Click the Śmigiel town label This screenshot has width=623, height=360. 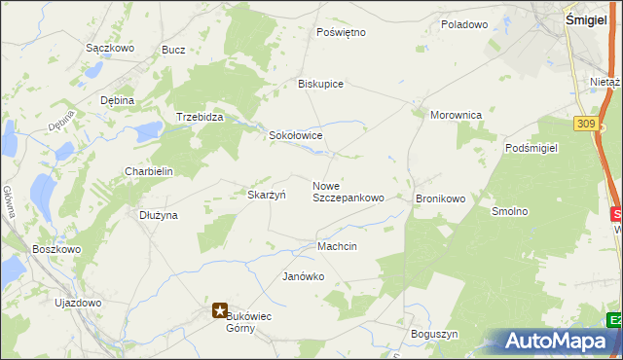[588, 19]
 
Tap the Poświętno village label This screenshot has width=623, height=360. [341, 32]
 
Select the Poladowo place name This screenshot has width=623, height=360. [463, 24]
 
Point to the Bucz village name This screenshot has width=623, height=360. [173, 50]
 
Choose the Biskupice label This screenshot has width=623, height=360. [320, 84]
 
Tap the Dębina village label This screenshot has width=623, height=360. [117, 100]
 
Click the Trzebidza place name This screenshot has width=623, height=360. [200, 117]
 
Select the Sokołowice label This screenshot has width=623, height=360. [295, 136]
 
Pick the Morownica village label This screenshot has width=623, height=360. [457, 115]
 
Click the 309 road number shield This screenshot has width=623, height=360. [584, 123]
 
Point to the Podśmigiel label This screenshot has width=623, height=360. [531, 148]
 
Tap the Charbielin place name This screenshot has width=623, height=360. [148, 171]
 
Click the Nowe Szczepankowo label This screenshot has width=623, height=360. [347, 192]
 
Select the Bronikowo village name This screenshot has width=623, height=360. [440, 198]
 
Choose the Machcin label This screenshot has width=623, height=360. [337, 246]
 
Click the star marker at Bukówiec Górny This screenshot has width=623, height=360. [221, 311]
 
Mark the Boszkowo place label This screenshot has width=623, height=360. [56, 249]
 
